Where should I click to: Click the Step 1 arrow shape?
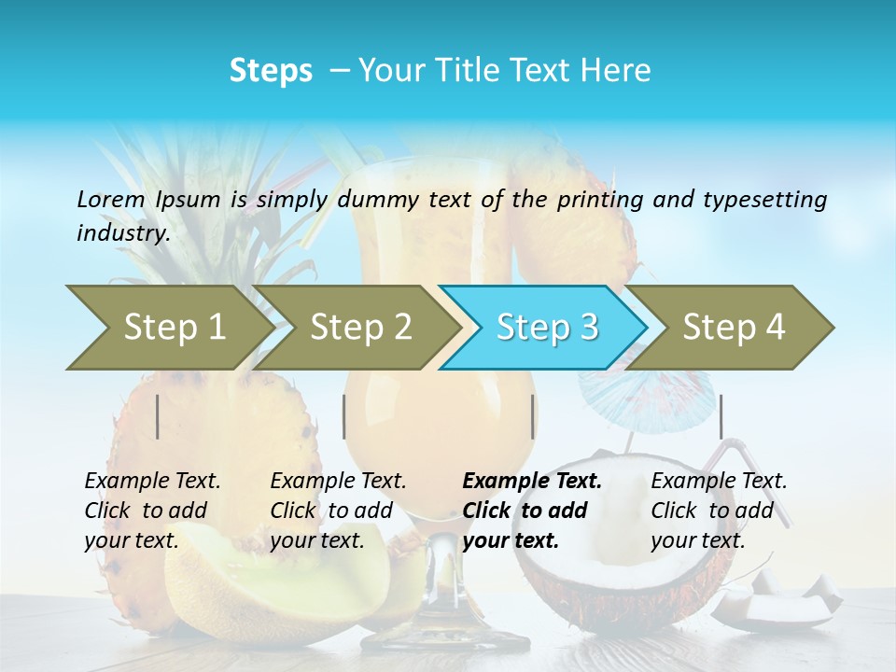click(168, 328)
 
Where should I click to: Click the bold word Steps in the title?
click(271, 71)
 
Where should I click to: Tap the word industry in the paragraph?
click(122, 232)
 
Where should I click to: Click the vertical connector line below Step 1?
click(158, 416)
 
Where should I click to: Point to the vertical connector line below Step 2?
click(344, 416)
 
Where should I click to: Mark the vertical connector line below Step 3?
click(533, 416)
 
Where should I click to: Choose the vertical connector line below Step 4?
click(721, 416)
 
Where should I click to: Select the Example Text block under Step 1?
click(152, 511)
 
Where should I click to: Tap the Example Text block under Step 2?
click(338, 511)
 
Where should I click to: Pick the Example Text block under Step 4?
click(719, 511)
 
